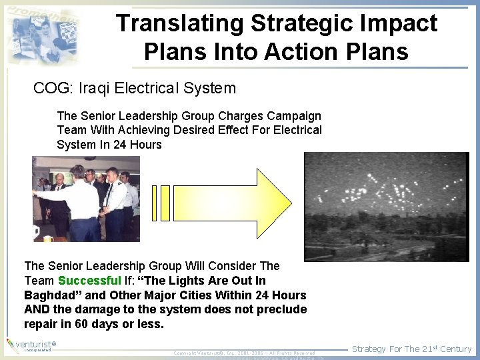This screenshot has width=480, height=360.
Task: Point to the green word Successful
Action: point(89,281)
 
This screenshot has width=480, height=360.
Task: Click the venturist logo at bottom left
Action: point(29,345)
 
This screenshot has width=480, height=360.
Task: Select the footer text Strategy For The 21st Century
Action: point(411,349)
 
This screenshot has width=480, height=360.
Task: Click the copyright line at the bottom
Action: point(244,353)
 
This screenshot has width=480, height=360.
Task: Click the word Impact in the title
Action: point(400,23)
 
